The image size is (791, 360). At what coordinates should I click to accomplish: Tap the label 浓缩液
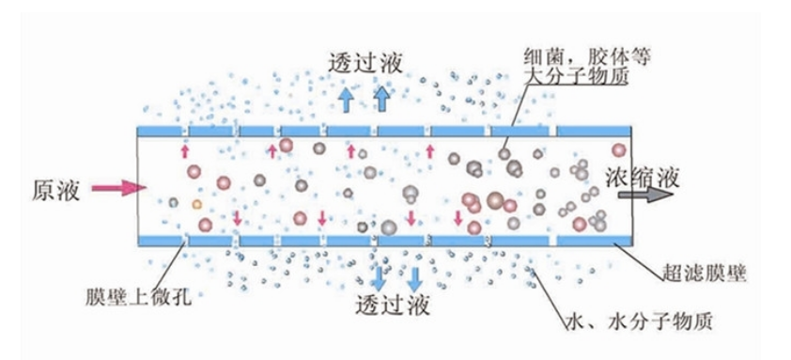pyautogui.click(x=640, y=176)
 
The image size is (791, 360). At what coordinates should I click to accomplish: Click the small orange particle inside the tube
pyautogui.click(x=196, y=203)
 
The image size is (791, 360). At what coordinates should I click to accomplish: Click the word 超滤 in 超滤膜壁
pyautogui.click(x=673, y=273)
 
